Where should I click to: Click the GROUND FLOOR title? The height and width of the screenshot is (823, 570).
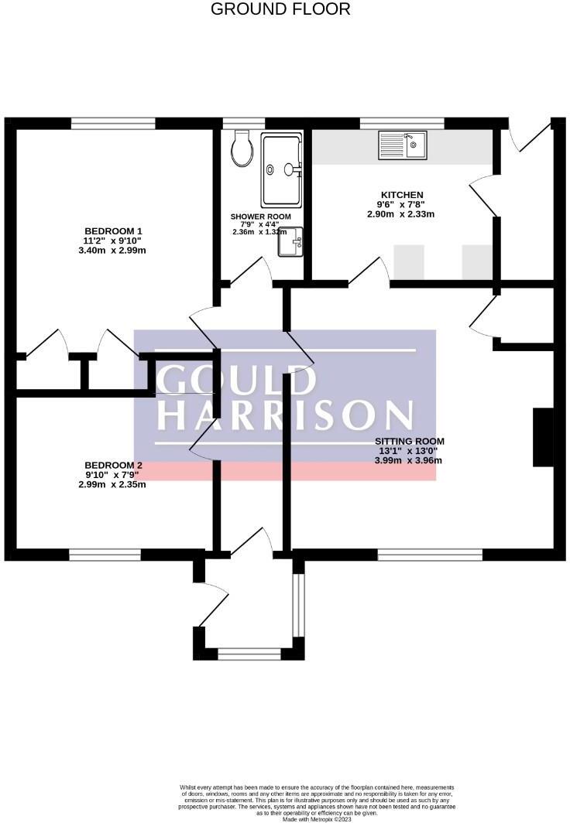coord(280,9)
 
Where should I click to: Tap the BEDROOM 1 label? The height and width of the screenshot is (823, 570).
coord(113,231)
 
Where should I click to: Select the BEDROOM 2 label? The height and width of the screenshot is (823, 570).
coord(113,465)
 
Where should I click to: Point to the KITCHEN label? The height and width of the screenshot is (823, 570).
coord(401,195)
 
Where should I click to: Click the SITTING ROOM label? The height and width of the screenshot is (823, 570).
coord(410,442)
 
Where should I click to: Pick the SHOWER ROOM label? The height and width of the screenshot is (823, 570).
coord(260,217)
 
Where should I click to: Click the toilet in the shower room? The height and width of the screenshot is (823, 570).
coord(242,148)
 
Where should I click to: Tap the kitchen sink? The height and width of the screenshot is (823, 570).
coord(402,145)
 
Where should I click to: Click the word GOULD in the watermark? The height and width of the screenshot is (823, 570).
coord(237,380)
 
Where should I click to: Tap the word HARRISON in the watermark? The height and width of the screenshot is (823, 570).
coord(285,415)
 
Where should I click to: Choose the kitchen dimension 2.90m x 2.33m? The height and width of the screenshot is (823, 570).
coord(401,213)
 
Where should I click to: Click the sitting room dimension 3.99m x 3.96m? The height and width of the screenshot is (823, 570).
coord(410,460)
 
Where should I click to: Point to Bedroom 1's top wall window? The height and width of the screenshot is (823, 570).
coord(112,123)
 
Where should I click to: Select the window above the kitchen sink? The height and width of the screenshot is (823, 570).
coord(402,123)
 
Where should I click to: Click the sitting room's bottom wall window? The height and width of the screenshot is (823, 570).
coord(430,554)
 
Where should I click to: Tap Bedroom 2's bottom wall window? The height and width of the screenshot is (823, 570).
coord(105,554)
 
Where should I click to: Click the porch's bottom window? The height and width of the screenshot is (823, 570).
coord(249,654)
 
